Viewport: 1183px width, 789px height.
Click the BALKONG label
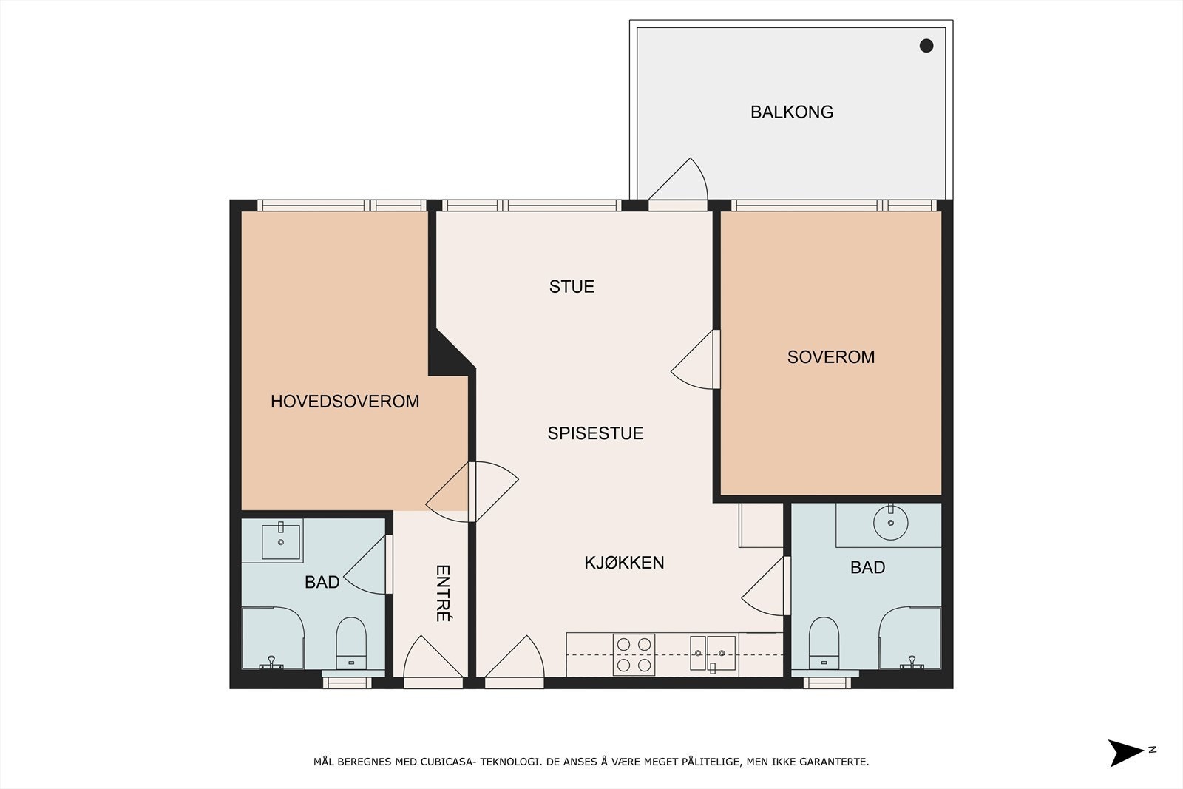pyautogui.click(x=791, y=112)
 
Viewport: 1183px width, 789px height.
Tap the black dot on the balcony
pyautogui.click(x=926, y=46)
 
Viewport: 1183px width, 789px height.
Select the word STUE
pyautogui.click(x=572, y=287)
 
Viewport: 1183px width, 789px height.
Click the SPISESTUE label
pyautogui.click(x=595, y=433)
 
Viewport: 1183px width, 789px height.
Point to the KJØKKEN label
pyautogui.click(x=624, y=563)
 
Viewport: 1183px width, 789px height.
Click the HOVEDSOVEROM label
pyautogui.click(x=345, y=402)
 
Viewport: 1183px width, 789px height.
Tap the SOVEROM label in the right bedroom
pyautogui.click(x=830, y=357)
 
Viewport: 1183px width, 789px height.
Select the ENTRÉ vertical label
pyautogui.click(x=443, y=593)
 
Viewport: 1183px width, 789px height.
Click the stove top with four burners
pyautogui.click(x=634, y=654)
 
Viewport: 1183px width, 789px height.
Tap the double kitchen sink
pyautogui.click(x=713, y=653)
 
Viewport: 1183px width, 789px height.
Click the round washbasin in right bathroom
pyautogui.click(x=890, y=523)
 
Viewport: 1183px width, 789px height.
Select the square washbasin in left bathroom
pyautogui.click(x=281, y=541)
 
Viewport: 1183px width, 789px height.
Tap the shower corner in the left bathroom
pyautogui.click(x=272, y=637)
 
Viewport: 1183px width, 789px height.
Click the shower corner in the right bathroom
pyautogui.click(x=910, y=637)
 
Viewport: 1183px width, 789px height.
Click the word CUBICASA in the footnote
pyautogui.click(x=448, y=762)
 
